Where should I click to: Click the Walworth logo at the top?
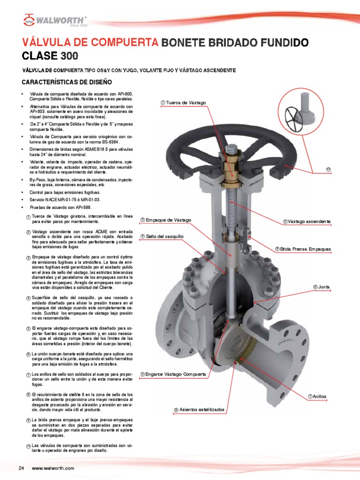tap(54, 20)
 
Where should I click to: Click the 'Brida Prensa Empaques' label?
tap(306, 249)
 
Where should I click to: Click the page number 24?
tap(21, 468)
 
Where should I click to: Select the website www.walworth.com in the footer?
tap(53, 468)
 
